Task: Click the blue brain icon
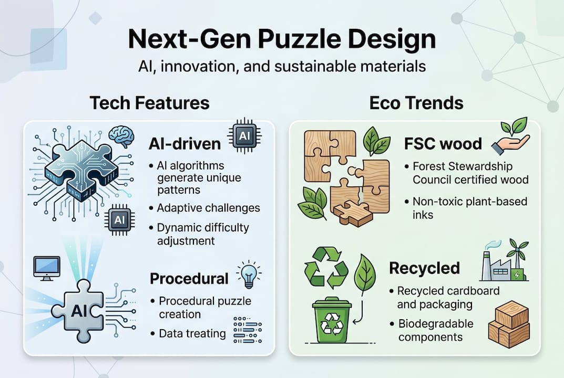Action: click(x=121, y=136)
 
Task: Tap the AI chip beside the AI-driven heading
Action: click(x=244, y=136)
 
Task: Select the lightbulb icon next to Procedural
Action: click(x=249, y=275)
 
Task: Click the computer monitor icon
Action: click(x=47, y=268)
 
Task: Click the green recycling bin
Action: click(x=332, y=320)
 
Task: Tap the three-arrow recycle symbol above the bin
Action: click(x=326, y=267)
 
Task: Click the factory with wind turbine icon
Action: click(x=505, y=260)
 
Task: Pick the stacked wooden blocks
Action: click(x=509, y=324)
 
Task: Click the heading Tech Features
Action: click(x=149, y=103)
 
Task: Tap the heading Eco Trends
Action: click(x=416, y=103)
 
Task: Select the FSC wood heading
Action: click(x=443, y=144)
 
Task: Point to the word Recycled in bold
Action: click(x=424, y=268)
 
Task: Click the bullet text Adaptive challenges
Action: click(x=208, y=208)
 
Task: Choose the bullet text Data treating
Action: click(x=192, y=334)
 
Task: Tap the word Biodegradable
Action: click(x=436, y=324)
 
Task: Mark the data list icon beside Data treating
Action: click(x=248, y=330)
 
